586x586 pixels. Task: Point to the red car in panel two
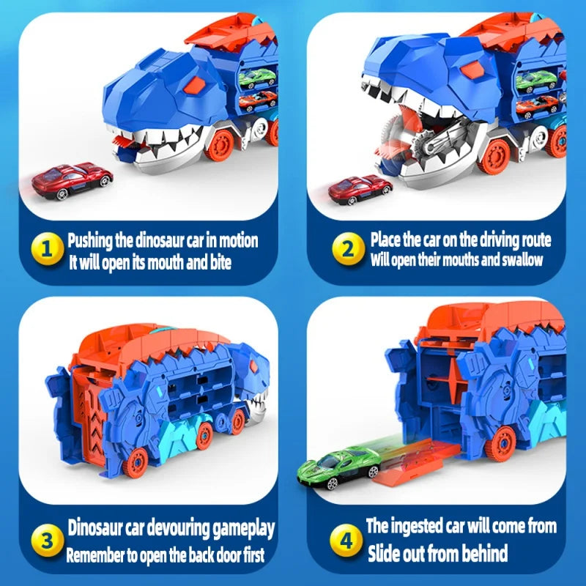[360, 188]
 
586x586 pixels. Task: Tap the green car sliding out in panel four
[338, 466]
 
